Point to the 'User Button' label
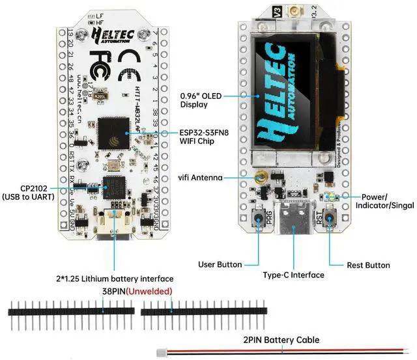220,265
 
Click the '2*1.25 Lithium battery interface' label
115,279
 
